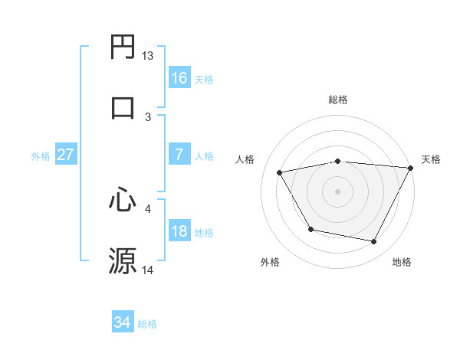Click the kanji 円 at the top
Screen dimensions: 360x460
[123, 48]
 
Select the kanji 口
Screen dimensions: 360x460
[123, 106]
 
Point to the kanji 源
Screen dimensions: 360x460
[123, 260]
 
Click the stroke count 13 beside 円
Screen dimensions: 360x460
[148, 56]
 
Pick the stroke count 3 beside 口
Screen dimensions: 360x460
[148, 116]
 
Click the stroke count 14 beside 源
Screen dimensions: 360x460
[148, 270]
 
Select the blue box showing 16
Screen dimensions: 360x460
[179, 77]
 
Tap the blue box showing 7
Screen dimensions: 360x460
[179, 155]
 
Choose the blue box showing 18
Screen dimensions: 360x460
[179, 231]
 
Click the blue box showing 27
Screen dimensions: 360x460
[66, 155]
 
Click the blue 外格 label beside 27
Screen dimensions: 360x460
[41, 155]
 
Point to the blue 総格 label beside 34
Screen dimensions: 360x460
[147, 324]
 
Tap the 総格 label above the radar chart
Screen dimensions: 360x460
[337, 100]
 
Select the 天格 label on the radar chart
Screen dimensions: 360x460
[431, 159]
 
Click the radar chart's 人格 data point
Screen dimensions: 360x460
[280, 173]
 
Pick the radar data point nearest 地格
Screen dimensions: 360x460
[374, 242]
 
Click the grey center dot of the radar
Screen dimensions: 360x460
[337, 191]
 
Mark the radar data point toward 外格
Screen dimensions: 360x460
[310, 229]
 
